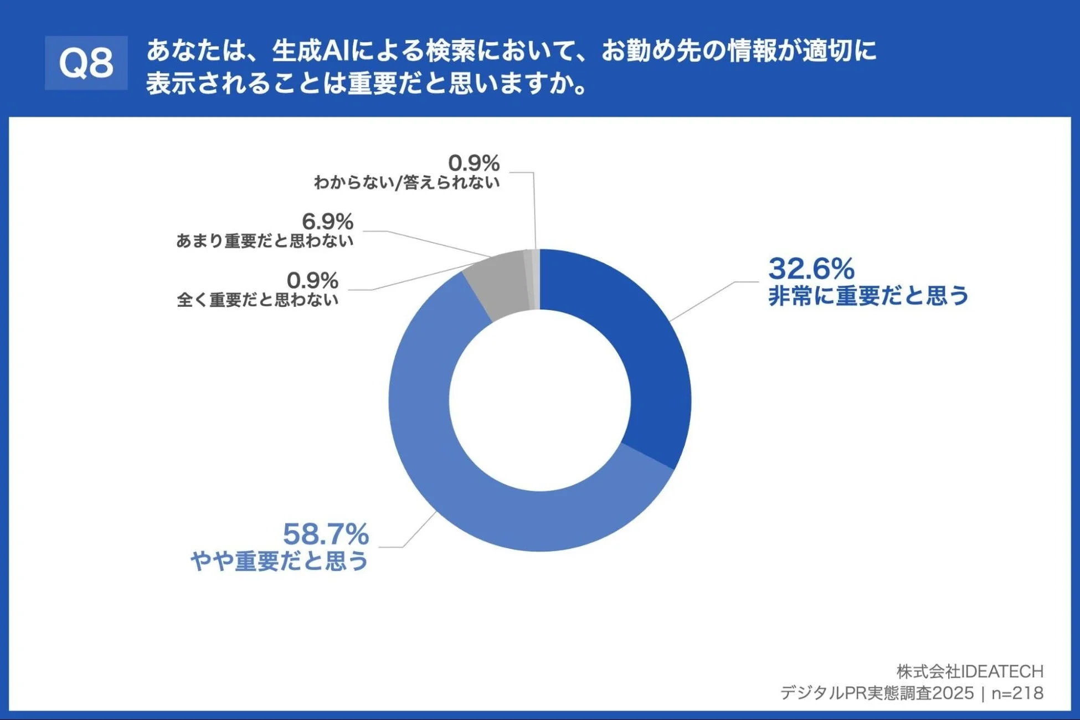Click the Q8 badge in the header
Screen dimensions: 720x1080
(86, 63)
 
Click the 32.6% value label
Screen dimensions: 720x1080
(811, 269)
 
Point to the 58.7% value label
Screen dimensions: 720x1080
(325, 534)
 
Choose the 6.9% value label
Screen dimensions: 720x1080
(327, 222)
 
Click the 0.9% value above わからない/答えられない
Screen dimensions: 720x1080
(474, 163)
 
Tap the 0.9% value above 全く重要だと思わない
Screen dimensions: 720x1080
(312, 281)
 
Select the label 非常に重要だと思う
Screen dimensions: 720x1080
(868, 296)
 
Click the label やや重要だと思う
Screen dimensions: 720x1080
(279, 561)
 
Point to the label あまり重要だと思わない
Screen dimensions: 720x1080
(265, 241)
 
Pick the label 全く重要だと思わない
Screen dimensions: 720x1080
(258, 300)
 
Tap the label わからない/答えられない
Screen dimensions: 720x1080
(407, 182)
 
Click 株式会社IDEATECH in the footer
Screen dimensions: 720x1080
(970, 671)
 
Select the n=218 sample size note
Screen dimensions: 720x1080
(1017, 693)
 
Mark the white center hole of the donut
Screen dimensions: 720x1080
(539, 400)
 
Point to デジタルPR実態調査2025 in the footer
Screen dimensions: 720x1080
(877, 693)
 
